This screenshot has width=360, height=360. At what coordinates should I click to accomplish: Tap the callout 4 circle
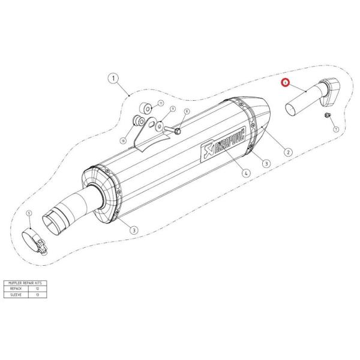[x=246, y=172]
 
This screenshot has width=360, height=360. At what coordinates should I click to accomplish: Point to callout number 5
[x=28, y=214]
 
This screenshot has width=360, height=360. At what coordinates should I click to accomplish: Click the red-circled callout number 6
[x=286, y=85]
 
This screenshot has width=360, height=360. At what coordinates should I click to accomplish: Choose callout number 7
[x=335, y=128]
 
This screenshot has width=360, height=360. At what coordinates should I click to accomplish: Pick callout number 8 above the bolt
[x=186, y=112]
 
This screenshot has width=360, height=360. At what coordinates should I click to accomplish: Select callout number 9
[x=172, y=109]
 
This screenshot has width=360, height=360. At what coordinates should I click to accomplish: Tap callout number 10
[x=123, y=140]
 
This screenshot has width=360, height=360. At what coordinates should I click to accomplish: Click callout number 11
[x=161, y=103]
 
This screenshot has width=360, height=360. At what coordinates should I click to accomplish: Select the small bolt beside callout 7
[x=326, y=115]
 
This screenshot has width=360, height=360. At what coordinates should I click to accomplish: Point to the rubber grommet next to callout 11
[x=145, y=109]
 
